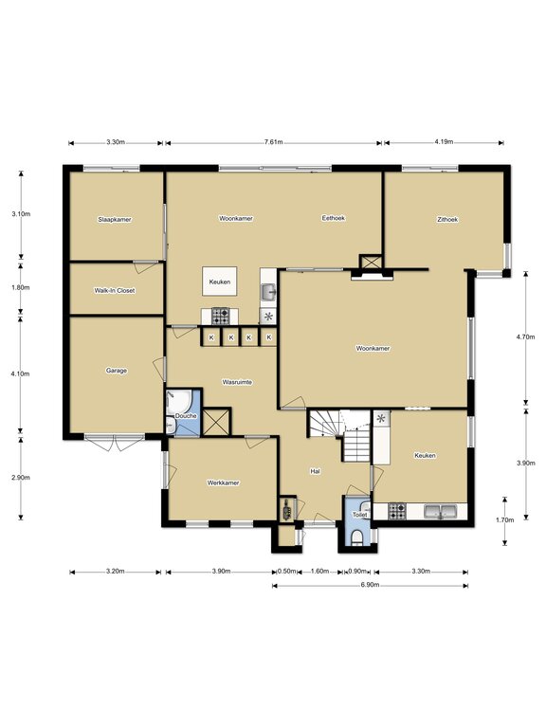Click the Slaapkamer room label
pyautogui.click(x=114, y=220)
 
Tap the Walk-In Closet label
pyautogui.click(x=114, y=291)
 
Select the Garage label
pyautogui.click(x=116, y=371)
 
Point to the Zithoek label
pyautogui.click(x=447, y=220)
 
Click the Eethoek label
pyautogui.click(x=334, y=218)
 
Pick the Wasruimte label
pyautogui.click(x=237, y=382)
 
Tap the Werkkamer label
pyautogui.click(x=223, y=482)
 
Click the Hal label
pyautogui.click(x=315, y=471)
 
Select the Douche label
pyautogui.click(x=186, y=416)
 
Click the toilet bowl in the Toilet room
pyautogui.click(x=357, y=537)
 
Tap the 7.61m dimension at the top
pyautogui.click(x=273, y=142)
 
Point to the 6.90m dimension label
pyautogui.click(x=370, y=585)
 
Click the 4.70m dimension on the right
pyautogui.click(x=525, y=337)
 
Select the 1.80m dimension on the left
pyautogui.click(x=21, y=287)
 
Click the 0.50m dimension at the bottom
pyautogui.click(x=286, y=571)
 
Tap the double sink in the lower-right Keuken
pyautogui.click(x=440, y=511)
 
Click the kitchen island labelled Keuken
pyautogui.click(x=220, y=282)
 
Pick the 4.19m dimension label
pyautogui.click(x=444, y=142)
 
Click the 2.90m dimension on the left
pyautogui.click(x=21, y=478)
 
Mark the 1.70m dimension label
pyautogui.click(x=504, y=520)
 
